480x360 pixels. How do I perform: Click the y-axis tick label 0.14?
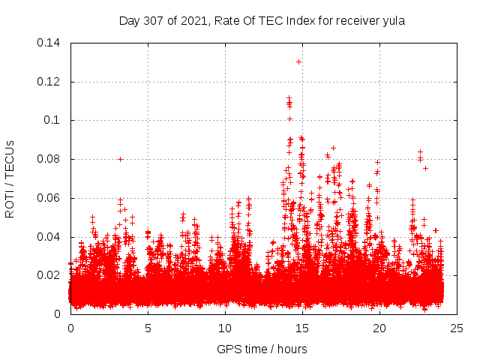point(49,42)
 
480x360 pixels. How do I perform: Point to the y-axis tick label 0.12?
point(49,81)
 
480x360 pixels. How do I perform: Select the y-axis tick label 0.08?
point(49,159)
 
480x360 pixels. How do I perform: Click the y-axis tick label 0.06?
point(49,198)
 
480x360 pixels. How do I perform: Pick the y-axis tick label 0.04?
point(49,237)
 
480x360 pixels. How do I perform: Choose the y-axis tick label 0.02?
point(49,275)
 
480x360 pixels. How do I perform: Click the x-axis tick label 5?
point(148,328)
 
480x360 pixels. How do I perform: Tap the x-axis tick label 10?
point(225,328)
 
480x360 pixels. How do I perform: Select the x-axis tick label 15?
point(302,328)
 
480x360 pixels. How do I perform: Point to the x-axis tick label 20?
point(379,328)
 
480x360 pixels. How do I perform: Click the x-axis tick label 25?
point(457,328)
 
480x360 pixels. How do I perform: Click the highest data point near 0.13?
point(298,61)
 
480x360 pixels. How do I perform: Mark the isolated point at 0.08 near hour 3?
point(120,159)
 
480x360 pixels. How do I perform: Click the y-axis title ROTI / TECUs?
point(10,178)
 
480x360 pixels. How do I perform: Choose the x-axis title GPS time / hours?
point(262,349)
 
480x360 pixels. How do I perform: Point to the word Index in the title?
point(295,21)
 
